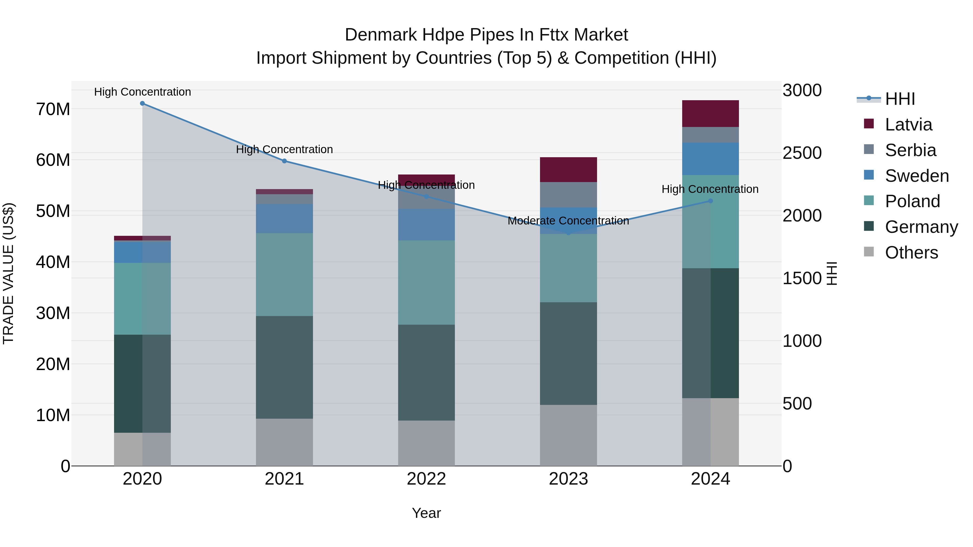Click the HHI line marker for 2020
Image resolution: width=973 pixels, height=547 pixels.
(x=142, y=103)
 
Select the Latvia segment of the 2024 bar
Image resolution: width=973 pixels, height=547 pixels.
(x=711, y=114)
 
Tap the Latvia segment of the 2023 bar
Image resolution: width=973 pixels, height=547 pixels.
(x=568, y=169)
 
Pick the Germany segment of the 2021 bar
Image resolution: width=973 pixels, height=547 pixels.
(x=284, y=367)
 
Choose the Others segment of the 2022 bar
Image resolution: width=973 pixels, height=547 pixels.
(x=426, y=443)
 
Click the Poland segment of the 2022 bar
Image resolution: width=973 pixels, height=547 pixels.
(x=426, y=282)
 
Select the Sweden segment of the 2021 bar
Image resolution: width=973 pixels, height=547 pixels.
(x=284, y=219)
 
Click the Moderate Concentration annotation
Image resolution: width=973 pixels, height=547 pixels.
(x=568, y=221)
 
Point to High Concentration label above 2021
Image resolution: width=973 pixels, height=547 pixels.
(x=284, y=149)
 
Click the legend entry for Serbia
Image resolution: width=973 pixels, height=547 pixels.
(x=910, y=150)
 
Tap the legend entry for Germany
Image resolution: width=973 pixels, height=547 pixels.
(x=921, y=227)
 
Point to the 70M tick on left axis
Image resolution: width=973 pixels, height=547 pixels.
(x=53, y=109)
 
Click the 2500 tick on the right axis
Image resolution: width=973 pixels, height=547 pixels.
(x=802, y=153)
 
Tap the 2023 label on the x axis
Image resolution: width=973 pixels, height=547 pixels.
(x=568, y=479)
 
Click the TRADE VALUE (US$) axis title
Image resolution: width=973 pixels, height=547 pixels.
(x=8, y=273)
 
